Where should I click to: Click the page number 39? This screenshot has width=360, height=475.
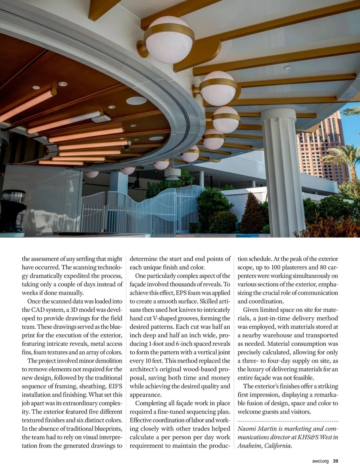[335, 461]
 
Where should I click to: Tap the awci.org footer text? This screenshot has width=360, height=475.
[320, 461]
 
